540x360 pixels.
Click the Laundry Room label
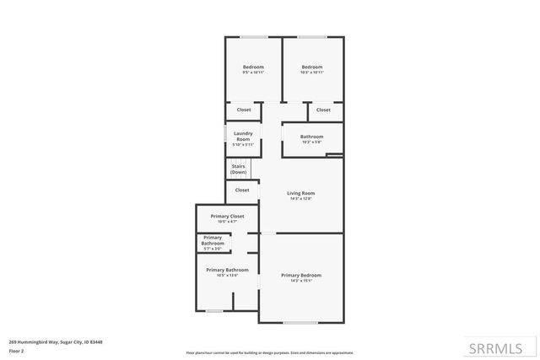click(x=243, y=136)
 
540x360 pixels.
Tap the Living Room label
click(x=300, y=193)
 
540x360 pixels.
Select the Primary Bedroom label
click(x=301, y=275)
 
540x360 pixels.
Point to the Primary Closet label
click(x=227, y=216)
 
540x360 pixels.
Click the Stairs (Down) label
click(x=239, y=169)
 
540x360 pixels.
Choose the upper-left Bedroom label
click(x=253, y=67)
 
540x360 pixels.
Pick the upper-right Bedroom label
click(x=312, y=67)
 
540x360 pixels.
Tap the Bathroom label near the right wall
click(x=312, y=137)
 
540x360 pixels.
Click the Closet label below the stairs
click(x=242, y=191)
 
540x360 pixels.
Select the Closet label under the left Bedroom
click(x=243, y=110)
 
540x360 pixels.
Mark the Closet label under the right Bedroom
click(x=324, y=110)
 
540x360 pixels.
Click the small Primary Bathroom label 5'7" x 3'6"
click(x=213, y=241)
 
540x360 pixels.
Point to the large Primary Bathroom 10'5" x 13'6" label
click(x=227, y=270)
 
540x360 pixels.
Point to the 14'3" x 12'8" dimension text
click(x=300, y=199)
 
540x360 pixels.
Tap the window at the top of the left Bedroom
click(x=254, y=37)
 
